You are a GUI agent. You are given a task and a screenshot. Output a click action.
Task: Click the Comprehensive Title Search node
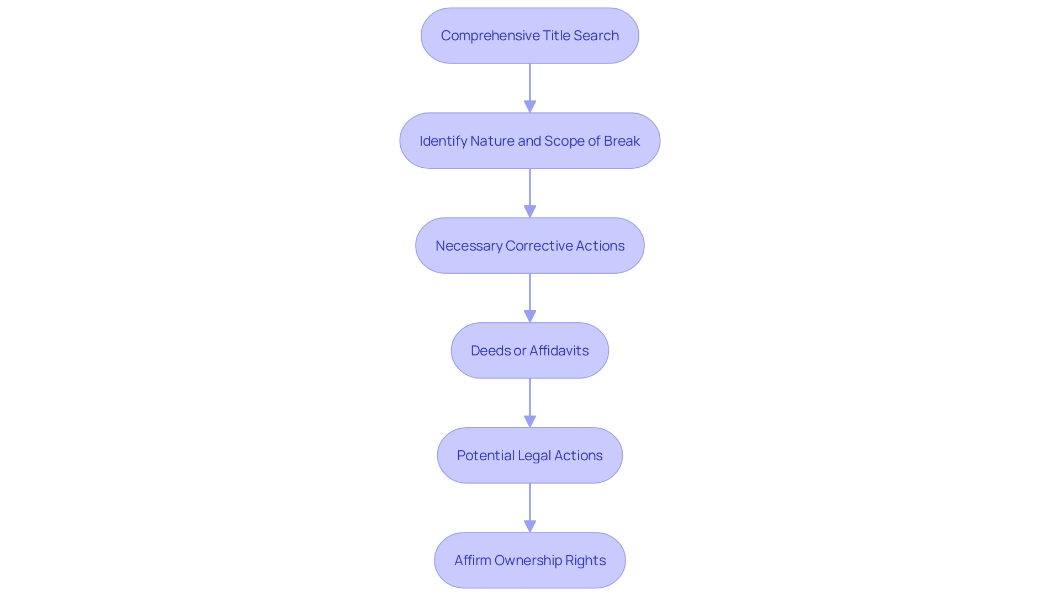(x=530, y=36)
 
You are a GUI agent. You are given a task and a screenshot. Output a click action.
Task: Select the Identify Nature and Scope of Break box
(x=530, y=141)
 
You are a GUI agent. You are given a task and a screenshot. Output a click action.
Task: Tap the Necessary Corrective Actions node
(x=530, y=246)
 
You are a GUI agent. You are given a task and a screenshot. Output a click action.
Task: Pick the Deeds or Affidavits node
(x=530, y=350)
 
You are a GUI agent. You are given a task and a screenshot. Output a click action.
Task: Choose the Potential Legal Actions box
(x=530, y=455)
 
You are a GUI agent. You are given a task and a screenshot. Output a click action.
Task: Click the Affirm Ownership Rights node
(x=530, y=560)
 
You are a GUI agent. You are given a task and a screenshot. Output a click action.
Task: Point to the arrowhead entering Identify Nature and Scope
(x=530, y=107)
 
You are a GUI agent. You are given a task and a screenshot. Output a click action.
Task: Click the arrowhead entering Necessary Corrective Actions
(x=530, y=211)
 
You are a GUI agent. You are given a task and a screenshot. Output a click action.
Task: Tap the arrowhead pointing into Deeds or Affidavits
(x=530, y=316)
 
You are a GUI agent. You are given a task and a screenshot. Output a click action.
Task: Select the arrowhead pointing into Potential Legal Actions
(x=530, y=421)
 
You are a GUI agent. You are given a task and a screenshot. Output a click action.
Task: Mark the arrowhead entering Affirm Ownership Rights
(x=530, y=526)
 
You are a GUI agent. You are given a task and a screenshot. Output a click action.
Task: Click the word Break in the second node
(x=622, y=141)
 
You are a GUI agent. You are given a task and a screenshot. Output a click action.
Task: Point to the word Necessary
(x=469, y=246)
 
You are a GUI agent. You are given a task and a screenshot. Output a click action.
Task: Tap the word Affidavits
(x=559, y=351)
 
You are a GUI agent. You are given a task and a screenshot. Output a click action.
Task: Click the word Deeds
(x=491, y=351)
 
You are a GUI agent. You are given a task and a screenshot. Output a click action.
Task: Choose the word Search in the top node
(x=596, y=36)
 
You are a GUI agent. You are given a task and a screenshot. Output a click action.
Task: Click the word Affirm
(x=473, y=561)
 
